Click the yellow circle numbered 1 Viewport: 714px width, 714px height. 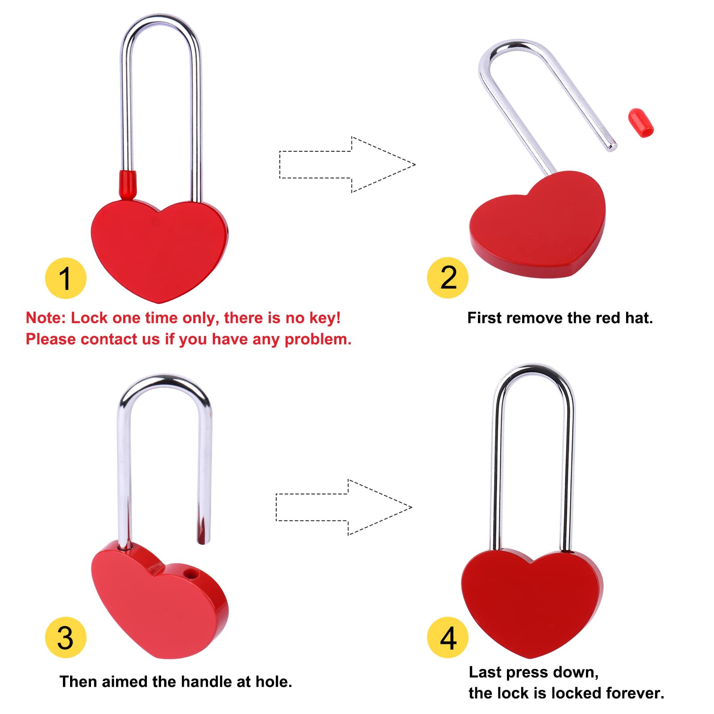[66, 278]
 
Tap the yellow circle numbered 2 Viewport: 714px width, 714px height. [448, 278]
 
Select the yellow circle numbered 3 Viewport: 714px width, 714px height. [66, 637]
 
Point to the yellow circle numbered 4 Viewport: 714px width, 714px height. [448, 637]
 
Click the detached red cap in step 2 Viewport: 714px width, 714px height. [641, 123]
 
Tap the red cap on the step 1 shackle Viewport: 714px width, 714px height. [128, 183]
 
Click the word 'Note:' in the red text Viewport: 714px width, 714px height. [46, 318]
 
